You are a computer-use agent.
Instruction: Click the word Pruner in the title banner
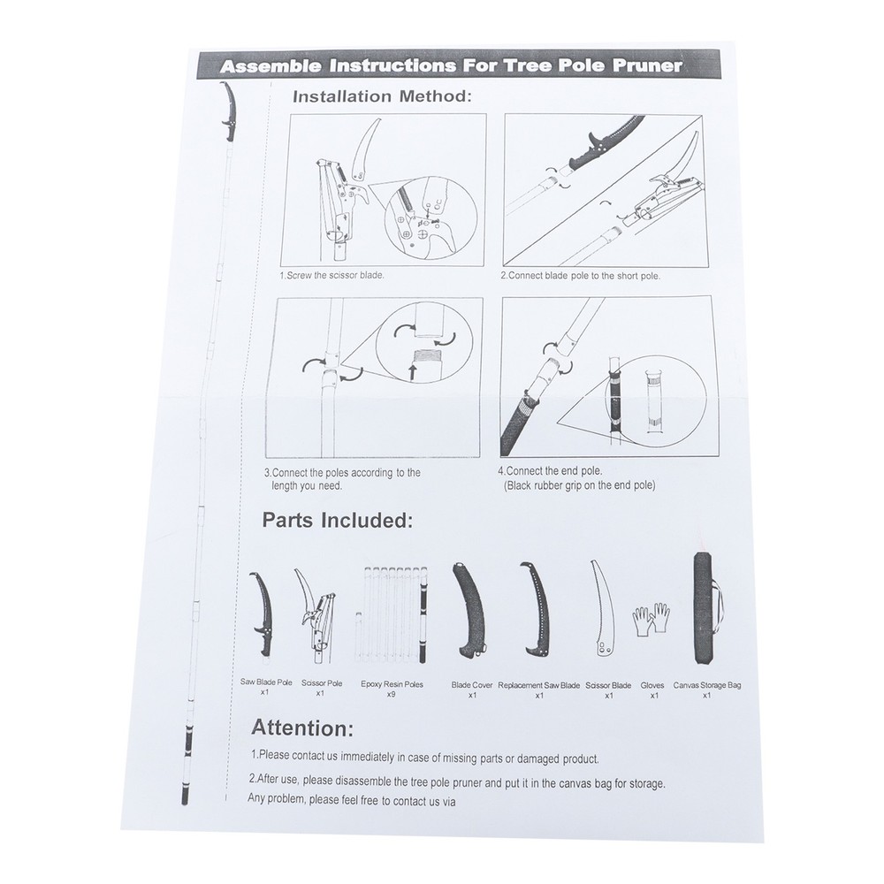coord(646,65)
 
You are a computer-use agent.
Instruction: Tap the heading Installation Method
coord(382,96)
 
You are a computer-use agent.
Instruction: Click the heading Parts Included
coord(337,521)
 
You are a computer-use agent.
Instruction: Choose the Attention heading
coord(302,728)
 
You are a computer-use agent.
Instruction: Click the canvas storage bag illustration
coord(704,608)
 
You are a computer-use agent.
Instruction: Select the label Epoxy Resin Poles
coord(392,684)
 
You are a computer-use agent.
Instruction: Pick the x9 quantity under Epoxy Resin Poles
coord(391,694)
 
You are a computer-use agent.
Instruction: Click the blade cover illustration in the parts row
coord(469,610)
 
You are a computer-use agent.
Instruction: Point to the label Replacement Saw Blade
coord(539,686)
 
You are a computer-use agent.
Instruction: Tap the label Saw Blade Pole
coord(266,682)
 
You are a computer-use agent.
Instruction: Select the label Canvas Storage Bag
coord(707,686)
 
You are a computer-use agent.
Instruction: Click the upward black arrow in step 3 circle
coord(413,372)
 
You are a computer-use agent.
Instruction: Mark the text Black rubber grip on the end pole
coord(579,485)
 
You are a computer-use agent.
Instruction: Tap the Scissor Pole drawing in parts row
coord(316,615)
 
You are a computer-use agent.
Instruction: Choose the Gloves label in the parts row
coord(652,686)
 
